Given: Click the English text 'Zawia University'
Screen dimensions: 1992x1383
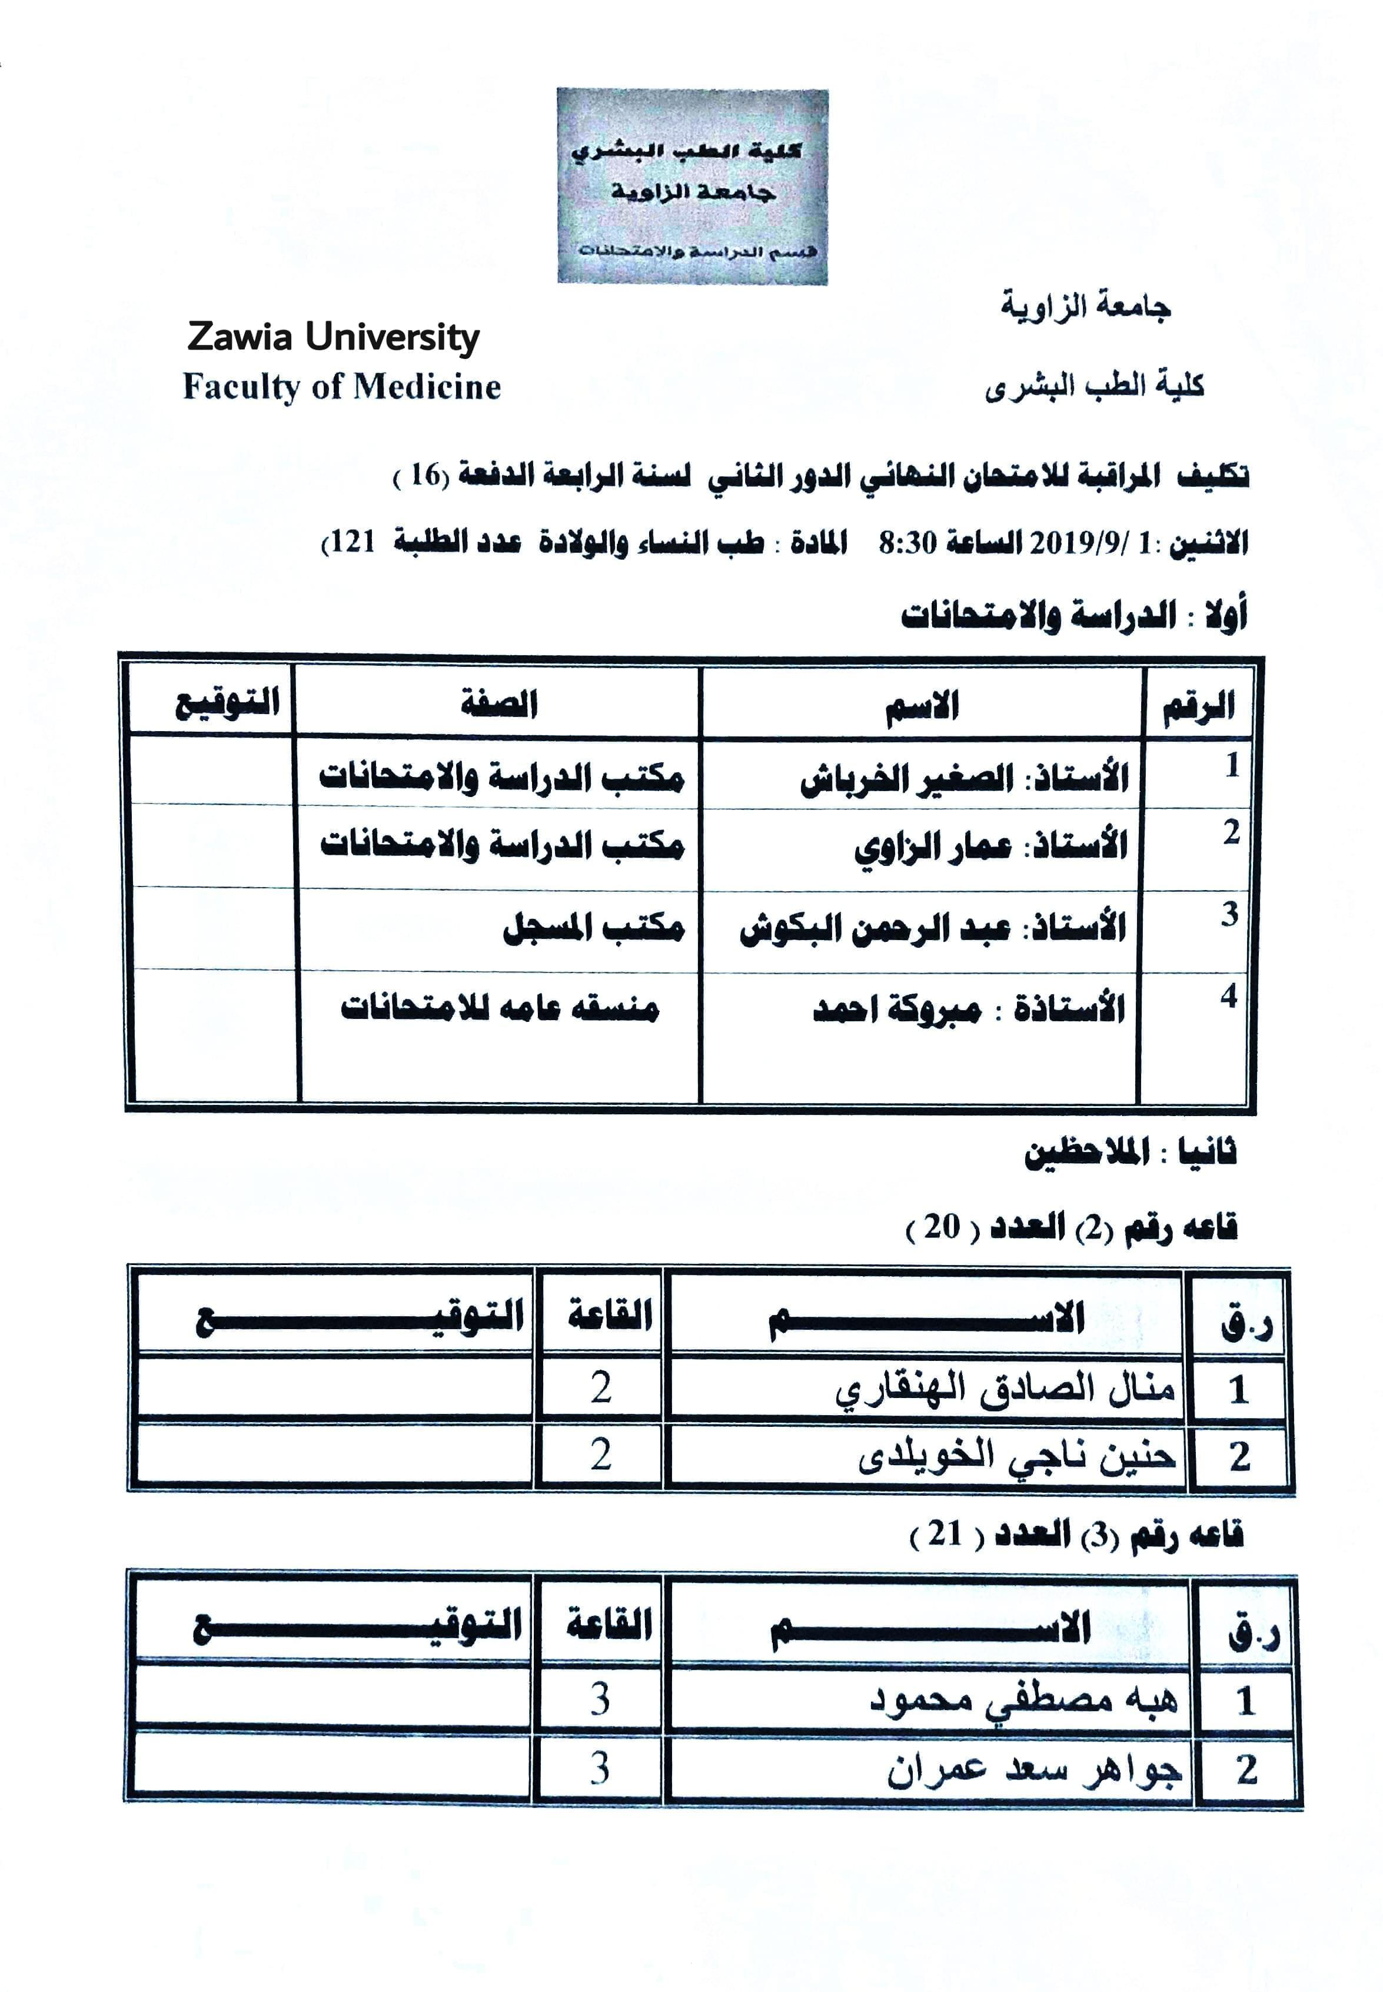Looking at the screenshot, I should [x=333, y=337].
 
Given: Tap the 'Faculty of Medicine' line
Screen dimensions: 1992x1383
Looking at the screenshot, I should [x=341, y=387].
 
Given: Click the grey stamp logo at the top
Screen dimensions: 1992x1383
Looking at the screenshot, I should [x=691, y=187].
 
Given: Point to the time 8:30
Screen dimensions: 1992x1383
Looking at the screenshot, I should [x=908, y=543].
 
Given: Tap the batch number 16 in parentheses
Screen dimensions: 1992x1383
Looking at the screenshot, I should [x=425, y=475].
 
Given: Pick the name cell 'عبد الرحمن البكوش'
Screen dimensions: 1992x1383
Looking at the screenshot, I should [x=875, y=928].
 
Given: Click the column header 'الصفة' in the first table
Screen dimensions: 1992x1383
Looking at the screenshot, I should [x=498, y=703].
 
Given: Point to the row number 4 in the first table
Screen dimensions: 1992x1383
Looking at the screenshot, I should [x=1228, y=996].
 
